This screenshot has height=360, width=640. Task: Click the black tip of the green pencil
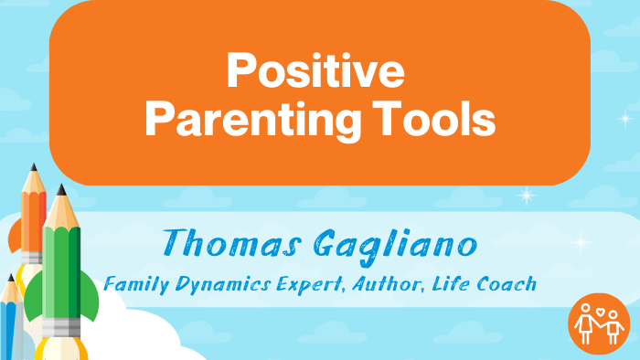click(x=62, y=189)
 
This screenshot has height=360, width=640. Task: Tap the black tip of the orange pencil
click(x=33, y=168)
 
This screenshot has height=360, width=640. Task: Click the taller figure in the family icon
click(x=586, y=324)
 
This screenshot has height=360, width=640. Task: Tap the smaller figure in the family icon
click(x=614, y=330)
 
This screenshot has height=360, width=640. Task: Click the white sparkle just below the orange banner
click(x=526, y=195)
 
